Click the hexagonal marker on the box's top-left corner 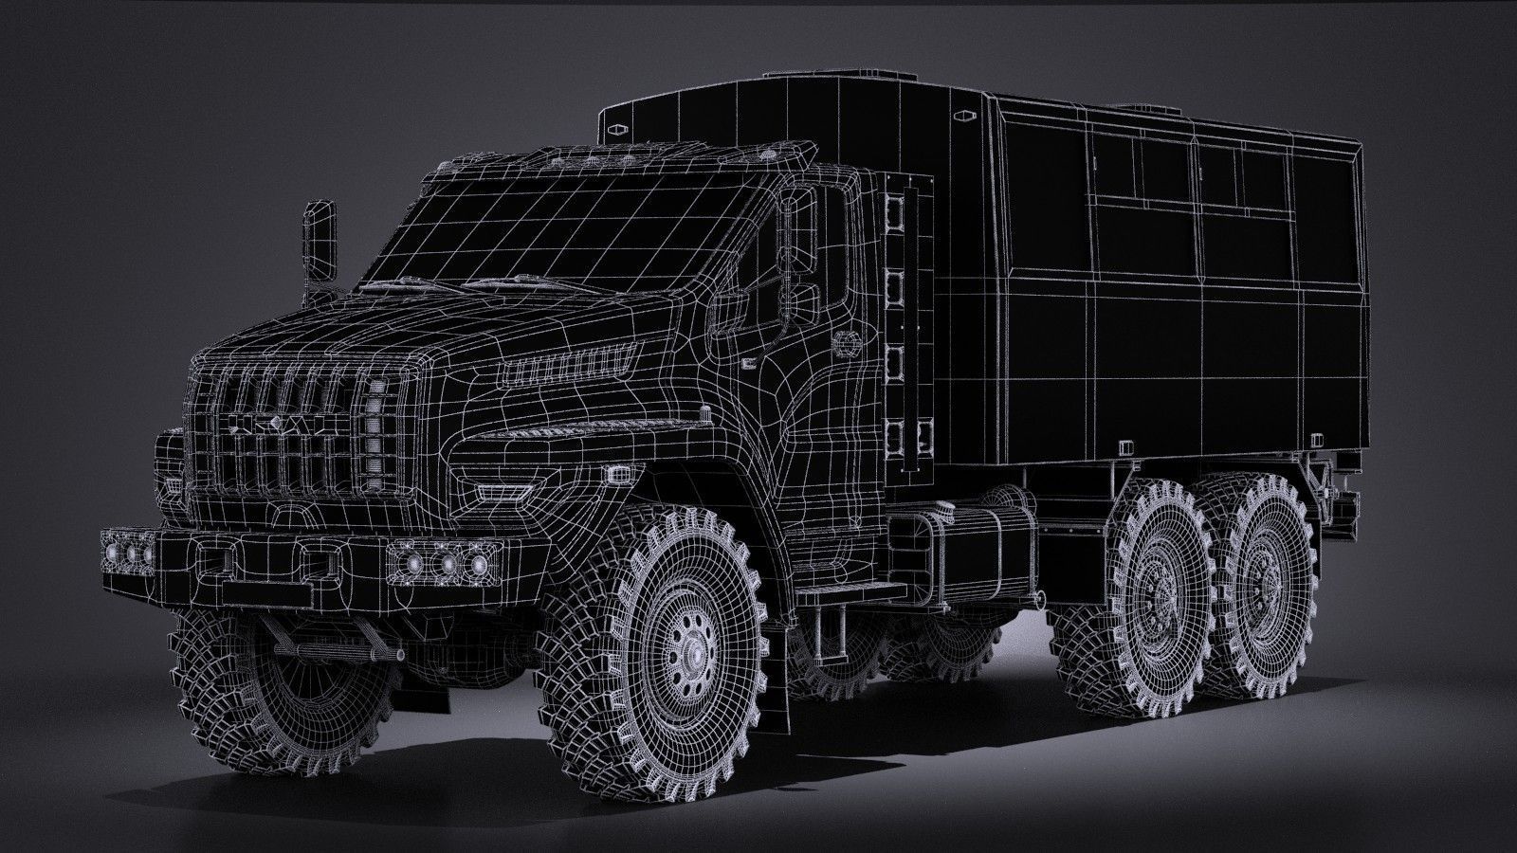(x=617, y=127)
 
